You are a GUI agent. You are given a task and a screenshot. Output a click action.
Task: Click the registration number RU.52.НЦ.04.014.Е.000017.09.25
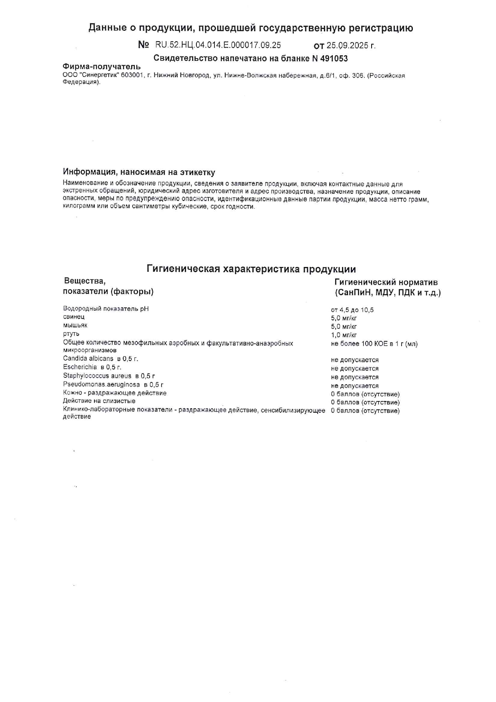tap(218, 45)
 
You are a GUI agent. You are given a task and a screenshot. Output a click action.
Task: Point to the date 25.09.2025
tap(347, 46)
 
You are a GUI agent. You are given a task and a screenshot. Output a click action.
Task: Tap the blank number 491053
tap(334, 58)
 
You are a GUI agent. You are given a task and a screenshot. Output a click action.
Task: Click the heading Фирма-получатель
tap(102, 66)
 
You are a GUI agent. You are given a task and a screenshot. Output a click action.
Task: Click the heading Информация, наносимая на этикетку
tap(139, 172)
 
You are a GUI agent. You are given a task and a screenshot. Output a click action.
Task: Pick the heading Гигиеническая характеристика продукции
tap(251, 269)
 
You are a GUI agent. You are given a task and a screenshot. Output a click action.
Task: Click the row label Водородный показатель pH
tap(106, 309)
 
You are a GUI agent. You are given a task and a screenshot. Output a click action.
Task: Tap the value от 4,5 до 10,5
tap(352, 310)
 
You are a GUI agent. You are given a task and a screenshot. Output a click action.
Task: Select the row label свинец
tap(74, 317)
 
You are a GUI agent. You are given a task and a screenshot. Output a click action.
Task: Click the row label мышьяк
tap(75, 325)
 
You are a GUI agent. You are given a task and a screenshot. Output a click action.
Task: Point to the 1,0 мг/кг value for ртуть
tap(344, 335)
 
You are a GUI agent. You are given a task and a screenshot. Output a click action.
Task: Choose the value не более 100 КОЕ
tap(374, 344)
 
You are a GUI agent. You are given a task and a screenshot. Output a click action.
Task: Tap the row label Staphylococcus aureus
tap(97, 376)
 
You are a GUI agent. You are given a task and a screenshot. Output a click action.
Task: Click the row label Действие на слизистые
tap(99, 401)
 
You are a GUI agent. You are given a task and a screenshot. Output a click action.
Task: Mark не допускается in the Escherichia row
tap(354, 369)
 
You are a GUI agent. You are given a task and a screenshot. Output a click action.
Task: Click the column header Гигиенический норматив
tap(386, 282)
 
